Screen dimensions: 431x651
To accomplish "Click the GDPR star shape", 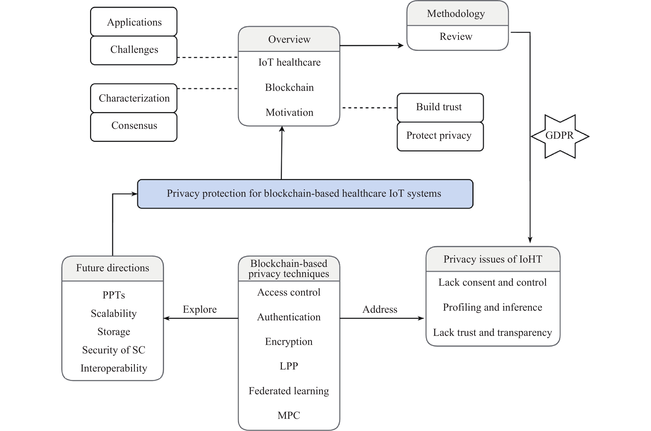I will pyautogui.click(x=560, y=136).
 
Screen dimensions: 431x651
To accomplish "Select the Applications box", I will pyautogui.click(x=134, y=22).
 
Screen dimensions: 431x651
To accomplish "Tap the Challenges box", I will pyautogui.click(x=134, y=50).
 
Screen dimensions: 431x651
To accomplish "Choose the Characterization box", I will pyautogui.click(x=134, y=98).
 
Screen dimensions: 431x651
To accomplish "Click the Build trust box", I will pyautogui.click(x=440, y=107).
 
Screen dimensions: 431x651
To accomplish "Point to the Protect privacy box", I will pyautogui.click(x=440, y=136).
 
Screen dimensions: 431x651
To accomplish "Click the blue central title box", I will pyautogui.click(x=305, y=194).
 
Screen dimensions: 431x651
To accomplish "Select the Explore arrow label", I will pyautogui.click(x=200, y=309).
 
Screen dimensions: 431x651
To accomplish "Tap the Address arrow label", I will pyautogui.click(x=380, y=309).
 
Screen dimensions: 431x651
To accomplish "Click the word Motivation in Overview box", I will pyautogui.click(x=289, y=112).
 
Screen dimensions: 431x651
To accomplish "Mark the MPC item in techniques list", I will pyautogui.click(x=289, y=415).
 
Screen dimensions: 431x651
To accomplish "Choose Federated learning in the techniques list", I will pyautogui.click(x=289, y=391).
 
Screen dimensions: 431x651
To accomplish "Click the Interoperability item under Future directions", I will pyautogui.click(x=114, y=368).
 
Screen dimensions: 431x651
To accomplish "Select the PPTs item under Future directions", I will pyautogui.click(x=114, y=295).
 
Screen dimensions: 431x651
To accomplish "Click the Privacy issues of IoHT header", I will pyautogui.click(x=492, y=259).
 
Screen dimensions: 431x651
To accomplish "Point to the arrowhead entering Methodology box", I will pyautogui.click(x=401, y=46).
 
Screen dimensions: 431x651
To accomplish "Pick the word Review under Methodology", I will pyautogui.click(x=456, y=37).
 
